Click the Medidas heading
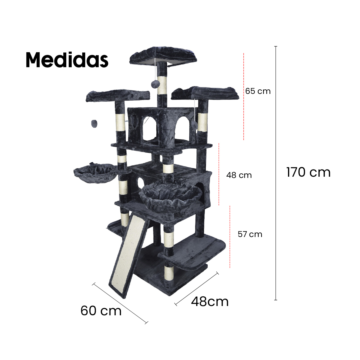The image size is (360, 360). point(67,60)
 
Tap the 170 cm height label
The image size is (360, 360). point(308,172)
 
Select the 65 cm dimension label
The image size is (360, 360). point(258,91)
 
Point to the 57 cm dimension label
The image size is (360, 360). point(250,234)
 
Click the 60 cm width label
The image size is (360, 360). point(101,311)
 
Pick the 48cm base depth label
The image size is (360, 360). point(210,301)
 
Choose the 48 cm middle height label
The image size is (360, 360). point(239,175)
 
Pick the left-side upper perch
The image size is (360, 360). point(118,95)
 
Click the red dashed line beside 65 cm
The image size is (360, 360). point(244,96)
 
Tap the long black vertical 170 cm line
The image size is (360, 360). point(276,172)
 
